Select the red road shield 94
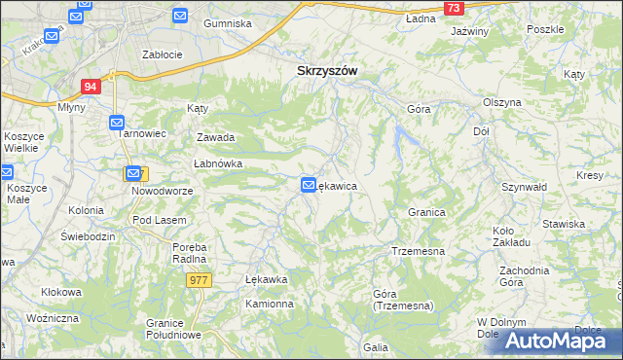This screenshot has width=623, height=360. [x=91, y=87]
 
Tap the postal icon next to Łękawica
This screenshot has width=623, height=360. [x=309, y=184]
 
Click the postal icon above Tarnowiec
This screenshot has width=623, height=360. [x=116, y=123]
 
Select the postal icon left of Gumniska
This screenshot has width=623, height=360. [x=180, y=15]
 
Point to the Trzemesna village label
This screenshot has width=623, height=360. [x=418, y=251]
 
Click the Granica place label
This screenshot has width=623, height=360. [x=426, y=211]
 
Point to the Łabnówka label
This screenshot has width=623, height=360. [x=217, y=163]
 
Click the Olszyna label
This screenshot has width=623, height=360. [x=502, y=102]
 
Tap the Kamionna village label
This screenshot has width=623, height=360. [x=269, y=304]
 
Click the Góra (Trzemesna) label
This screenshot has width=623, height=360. [x=402, y=299]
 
